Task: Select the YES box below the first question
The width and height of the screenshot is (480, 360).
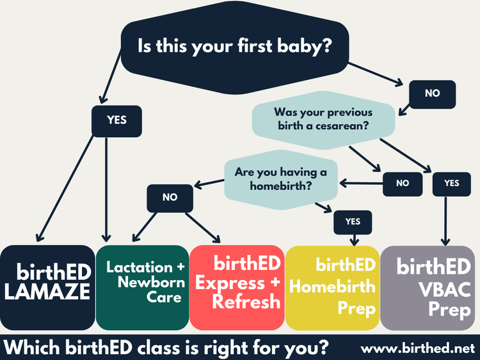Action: [x=116, y=120]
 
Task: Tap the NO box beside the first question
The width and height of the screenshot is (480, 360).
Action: [x=432, y=93]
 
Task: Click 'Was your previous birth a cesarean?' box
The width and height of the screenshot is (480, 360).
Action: [x=323, y=118]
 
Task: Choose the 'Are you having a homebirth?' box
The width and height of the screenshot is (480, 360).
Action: [x=281, y=178]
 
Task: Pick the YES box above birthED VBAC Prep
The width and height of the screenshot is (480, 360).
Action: [x=451, y=184]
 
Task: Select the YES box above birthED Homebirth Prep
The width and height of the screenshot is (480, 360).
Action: [x=353, y=222]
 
